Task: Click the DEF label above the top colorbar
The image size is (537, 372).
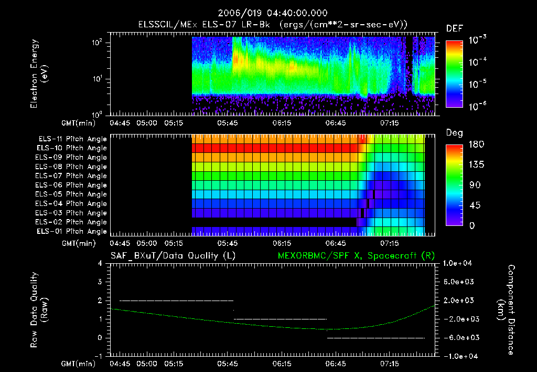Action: pyautogui.click(x=454, y=28)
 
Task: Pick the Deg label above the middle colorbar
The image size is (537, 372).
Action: pyautogui.click(x=454, y=133)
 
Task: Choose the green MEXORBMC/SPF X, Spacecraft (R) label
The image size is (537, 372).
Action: pyautogui.click(x=351, y=255)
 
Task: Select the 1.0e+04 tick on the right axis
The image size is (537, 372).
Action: pyautogui.click(x=459, y=263)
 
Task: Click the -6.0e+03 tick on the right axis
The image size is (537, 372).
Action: pyautogui.click(x=459, y=337)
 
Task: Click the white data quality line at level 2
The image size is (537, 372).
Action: pyautogui.click(x=176, y=301)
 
